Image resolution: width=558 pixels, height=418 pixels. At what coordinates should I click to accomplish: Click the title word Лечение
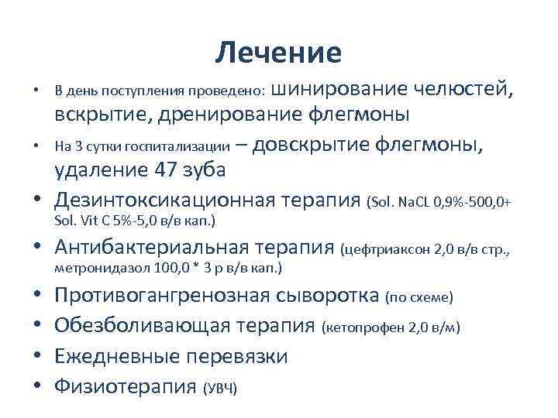[279, 53]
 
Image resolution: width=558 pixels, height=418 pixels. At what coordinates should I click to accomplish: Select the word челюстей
[461, 88]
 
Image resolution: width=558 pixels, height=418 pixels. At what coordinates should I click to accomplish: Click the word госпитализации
[183, 145]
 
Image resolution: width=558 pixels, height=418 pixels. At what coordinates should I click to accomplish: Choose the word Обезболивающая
[141, 326]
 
